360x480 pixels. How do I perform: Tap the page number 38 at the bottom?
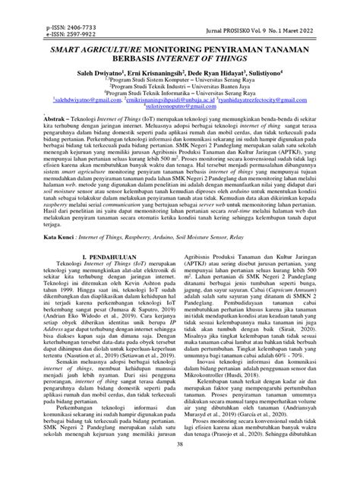point(179,465)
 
